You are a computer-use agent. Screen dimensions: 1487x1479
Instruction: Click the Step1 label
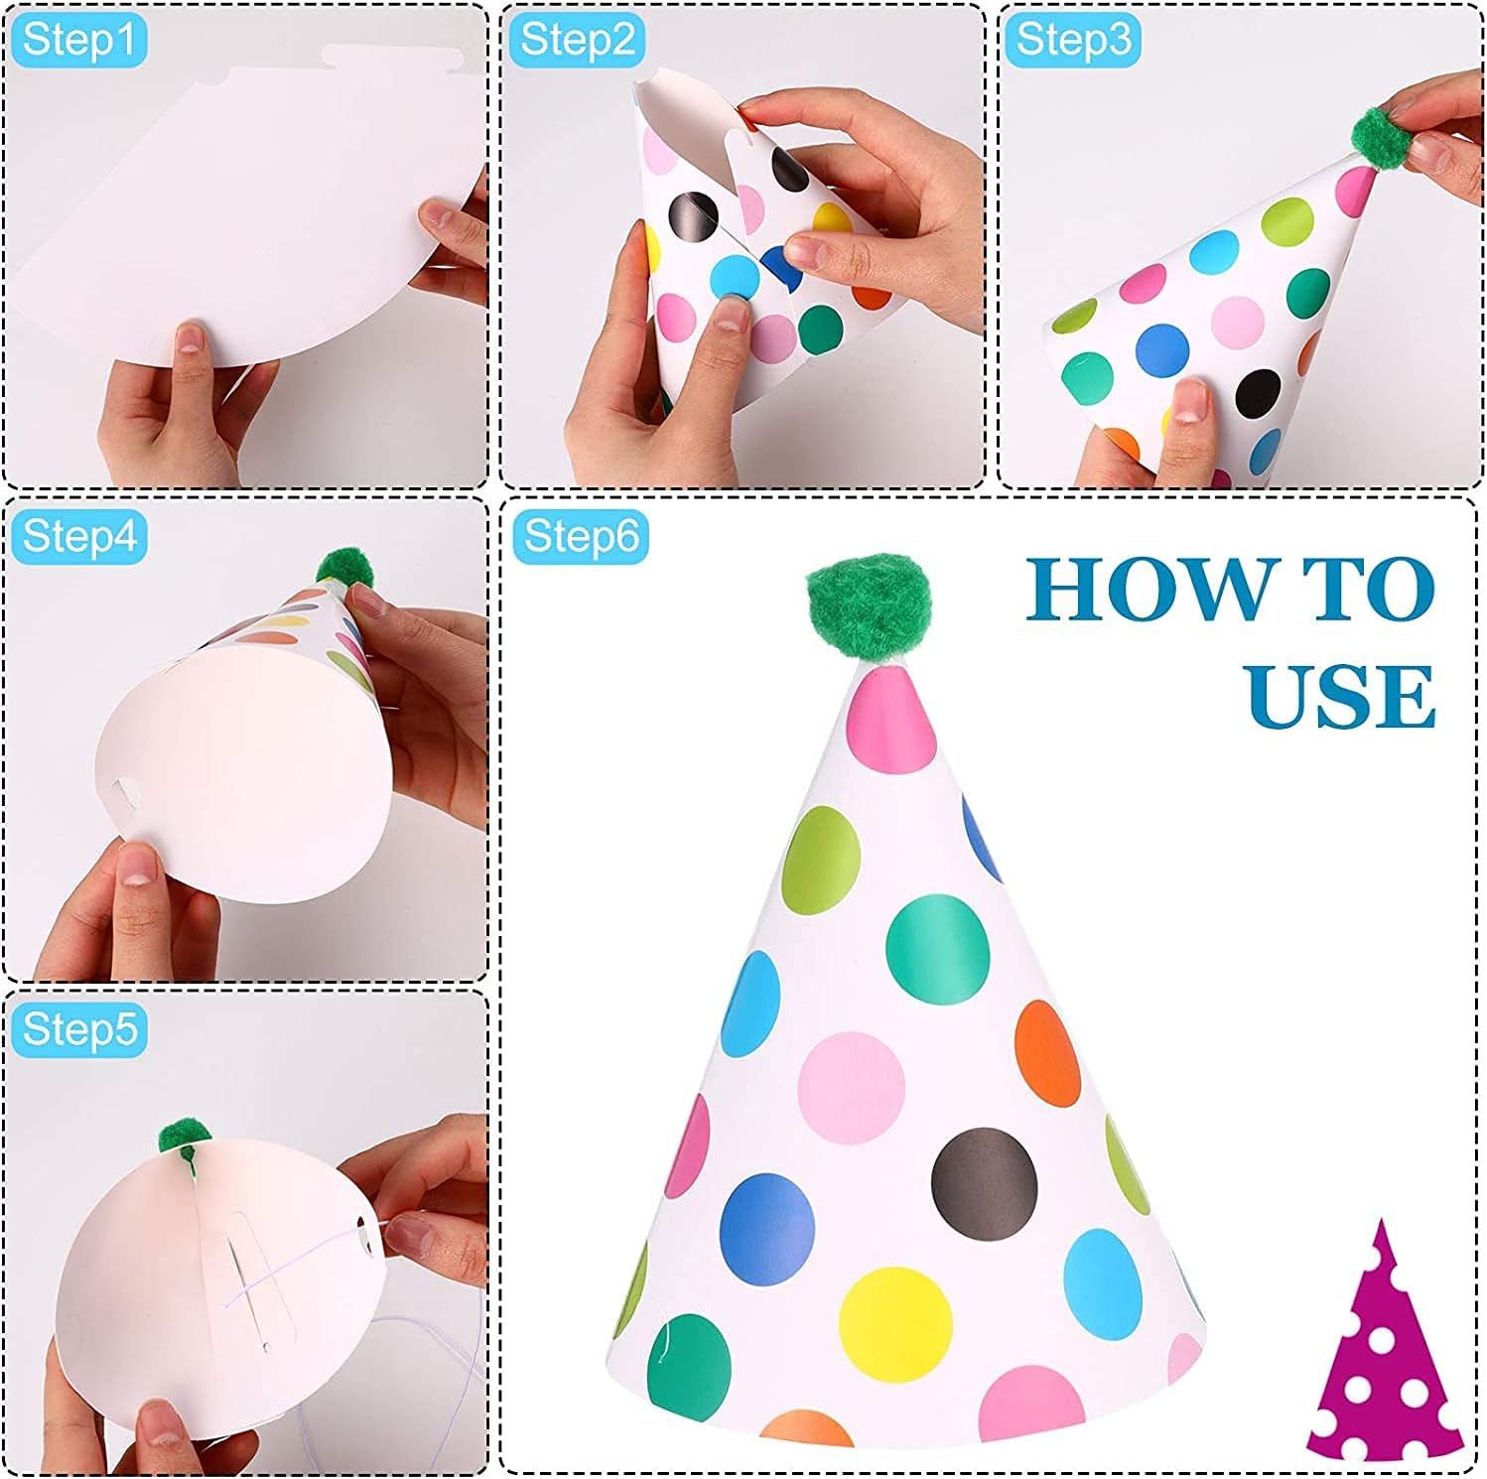coord(77,41)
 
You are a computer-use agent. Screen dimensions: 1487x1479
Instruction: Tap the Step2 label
coord(577,41)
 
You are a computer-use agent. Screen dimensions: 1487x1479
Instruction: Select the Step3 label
coord(1073,41)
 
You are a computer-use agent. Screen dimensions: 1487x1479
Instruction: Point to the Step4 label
coord(78,536)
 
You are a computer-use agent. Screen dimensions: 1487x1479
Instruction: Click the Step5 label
coord(78,1029)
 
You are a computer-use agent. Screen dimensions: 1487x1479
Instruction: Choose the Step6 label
coord(581,536)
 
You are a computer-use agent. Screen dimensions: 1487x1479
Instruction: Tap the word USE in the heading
coord(1341,696)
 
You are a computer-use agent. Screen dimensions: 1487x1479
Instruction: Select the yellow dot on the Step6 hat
coord(895,1321)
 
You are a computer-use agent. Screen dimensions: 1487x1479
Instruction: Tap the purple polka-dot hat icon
coord(1383,1339)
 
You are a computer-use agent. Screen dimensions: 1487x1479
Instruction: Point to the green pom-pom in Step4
coord(344,570)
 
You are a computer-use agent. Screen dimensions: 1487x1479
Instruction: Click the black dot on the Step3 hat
coord(1258,393)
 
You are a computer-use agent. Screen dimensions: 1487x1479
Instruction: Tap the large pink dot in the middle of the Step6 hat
coord(851,1088)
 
